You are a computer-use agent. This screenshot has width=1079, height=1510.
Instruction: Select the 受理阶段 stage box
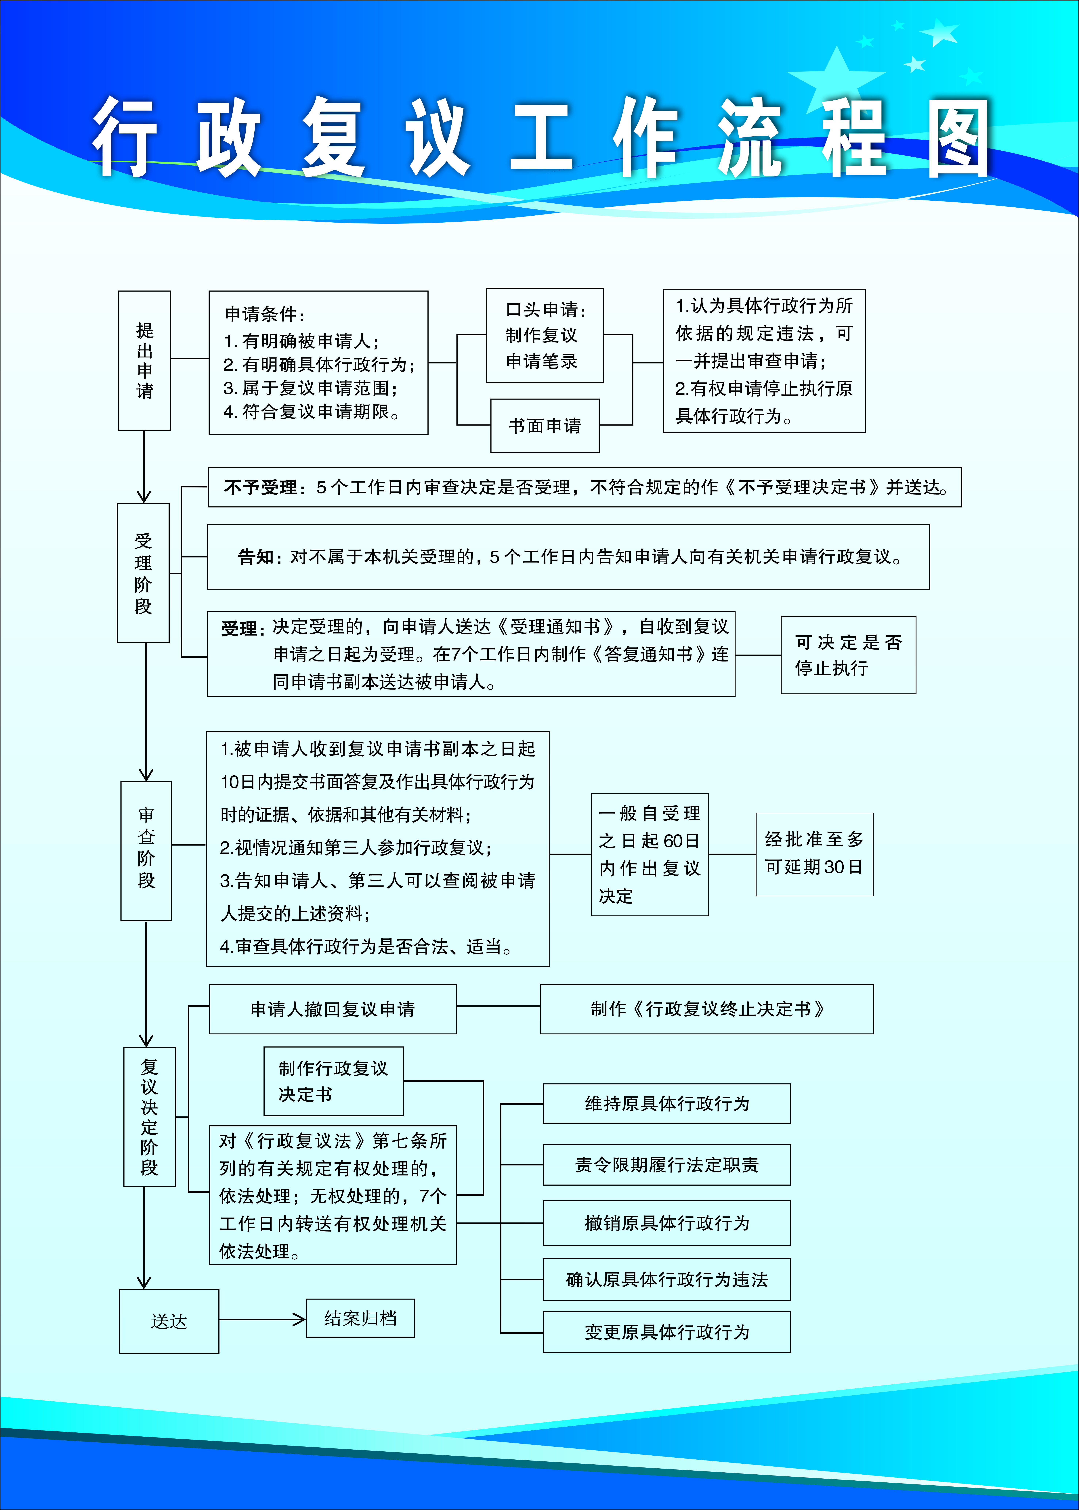coord(143,573)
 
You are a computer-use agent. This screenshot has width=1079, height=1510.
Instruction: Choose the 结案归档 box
coord(360,1318)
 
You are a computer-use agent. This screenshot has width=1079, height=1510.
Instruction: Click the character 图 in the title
coord(958,138)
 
